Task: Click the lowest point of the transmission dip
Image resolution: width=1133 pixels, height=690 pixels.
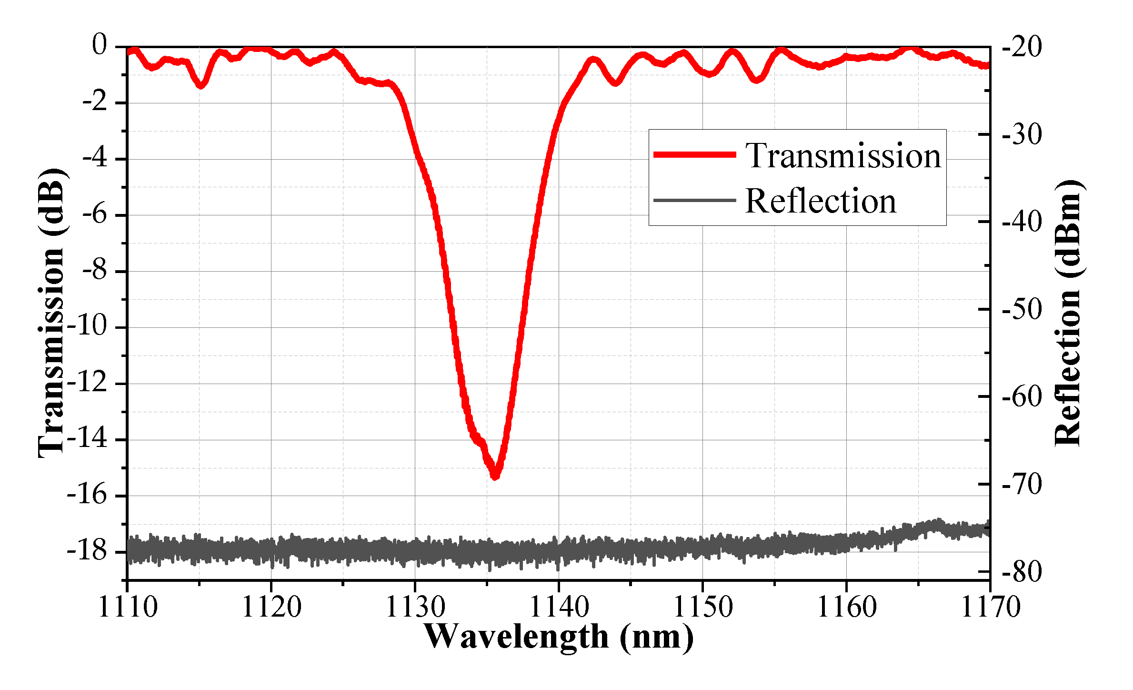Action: tap(495, 475)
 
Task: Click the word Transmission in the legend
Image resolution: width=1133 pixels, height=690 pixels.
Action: tap(843, 155)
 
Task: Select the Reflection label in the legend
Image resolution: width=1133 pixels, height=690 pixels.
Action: tap(820, 201)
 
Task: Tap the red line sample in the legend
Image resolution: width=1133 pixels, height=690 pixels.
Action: tap(695, 154)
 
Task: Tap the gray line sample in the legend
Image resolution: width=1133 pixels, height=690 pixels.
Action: tap(695, 200)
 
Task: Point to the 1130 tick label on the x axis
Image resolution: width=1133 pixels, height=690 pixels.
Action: tap(415, 607)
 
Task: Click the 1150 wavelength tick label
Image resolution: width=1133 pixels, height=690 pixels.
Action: tap(702, 607)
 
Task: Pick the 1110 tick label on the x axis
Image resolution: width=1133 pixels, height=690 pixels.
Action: tap(128, 607)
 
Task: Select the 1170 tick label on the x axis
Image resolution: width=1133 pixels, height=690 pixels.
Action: tap(990, 607)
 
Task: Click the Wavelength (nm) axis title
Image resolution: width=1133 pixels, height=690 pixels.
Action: tap(558, 637)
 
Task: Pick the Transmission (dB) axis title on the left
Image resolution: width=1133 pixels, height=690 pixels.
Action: tap(51, 313)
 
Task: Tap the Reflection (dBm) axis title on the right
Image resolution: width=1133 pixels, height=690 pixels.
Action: tap(1068, 313)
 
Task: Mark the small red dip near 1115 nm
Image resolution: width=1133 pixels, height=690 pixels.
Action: tap(201, 85)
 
